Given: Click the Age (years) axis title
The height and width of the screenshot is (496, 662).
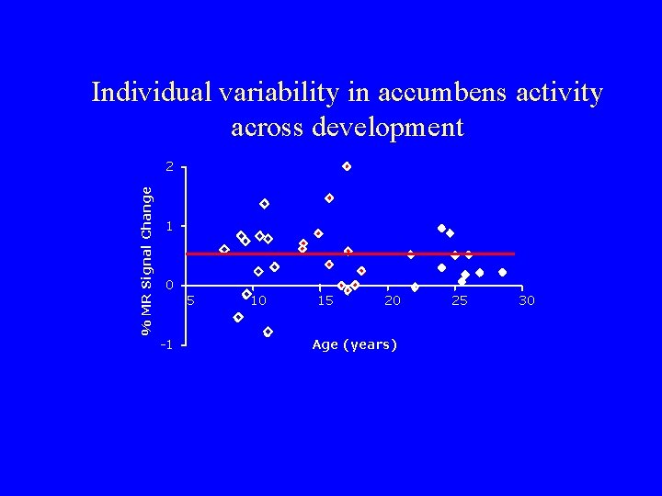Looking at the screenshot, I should point(354,344).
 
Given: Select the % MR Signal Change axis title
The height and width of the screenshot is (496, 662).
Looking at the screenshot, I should point(146,259).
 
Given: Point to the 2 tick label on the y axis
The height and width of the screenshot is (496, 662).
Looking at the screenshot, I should point(169,167).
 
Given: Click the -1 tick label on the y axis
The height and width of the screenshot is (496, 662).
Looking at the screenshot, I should point(166,345).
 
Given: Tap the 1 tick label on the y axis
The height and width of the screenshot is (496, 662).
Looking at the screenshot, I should point(169,226).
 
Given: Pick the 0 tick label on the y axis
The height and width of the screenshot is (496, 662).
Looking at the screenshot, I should point(169,286).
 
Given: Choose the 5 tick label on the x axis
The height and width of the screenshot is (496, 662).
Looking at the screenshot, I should point(190,300).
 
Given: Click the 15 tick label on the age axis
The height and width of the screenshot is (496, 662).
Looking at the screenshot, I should point(325,300).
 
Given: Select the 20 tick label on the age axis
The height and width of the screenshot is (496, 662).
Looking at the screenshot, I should point(393,300).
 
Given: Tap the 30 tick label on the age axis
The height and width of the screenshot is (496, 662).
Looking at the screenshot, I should point(527,300).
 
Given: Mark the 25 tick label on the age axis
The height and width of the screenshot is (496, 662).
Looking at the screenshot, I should point(460,300).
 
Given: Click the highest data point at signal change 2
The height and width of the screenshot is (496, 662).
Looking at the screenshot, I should point(347,166).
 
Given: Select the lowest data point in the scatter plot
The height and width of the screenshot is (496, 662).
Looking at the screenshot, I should point(268,332).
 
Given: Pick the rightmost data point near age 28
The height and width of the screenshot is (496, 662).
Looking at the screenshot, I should point(502,272).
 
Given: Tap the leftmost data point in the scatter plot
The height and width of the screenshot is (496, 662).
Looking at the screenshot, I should point(224,249).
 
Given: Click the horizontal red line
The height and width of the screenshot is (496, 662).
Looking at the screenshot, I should point(386,254).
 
